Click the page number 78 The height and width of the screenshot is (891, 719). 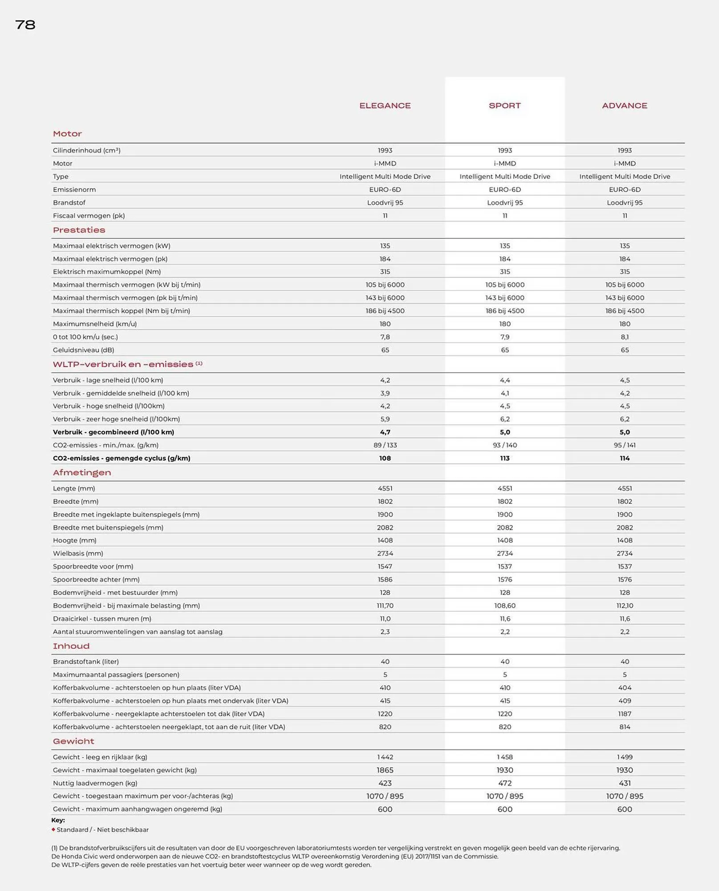click(25, 25)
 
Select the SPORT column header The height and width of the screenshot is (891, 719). click(504, 106)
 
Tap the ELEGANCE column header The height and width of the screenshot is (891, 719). click(385, 106)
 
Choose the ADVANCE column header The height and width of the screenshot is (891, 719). click(624, 106)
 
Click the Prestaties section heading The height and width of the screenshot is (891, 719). click(79, 230)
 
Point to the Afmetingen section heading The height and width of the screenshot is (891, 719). click(82, 473)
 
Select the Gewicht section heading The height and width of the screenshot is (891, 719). click(73, 741)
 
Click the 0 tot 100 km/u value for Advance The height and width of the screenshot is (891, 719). click(624, 337)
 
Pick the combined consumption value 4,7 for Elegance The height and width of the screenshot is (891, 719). click(385, 432)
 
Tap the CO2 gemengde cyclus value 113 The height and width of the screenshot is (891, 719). click(504, 458)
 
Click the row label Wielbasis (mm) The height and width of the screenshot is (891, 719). click(78, 553)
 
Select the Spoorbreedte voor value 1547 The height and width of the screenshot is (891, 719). click(385, 566)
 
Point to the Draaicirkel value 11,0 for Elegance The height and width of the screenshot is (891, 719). click(385, 618)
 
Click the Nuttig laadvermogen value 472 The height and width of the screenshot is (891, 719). click(504, 783)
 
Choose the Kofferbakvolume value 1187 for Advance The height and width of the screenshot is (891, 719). click(624, 714)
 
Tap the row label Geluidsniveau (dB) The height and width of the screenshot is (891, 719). click(83, 350)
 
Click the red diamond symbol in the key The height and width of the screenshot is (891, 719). click(53, 830)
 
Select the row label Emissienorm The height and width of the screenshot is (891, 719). click(74, 189)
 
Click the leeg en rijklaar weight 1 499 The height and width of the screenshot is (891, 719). click(624, 757)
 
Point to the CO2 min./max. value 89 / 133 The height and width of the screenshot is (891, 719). click(385, 445)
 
